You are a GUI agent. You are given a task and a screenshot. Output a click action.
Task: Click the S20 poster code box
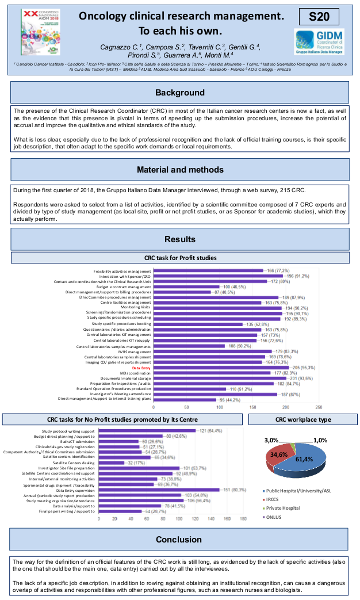click(x=319, y=17)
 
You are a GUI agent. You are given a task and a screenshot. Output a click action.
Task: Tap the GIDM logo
click(x=319, y=43)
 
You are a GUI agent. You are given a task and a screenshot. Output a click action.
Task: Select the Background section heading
click(x=180, y=93)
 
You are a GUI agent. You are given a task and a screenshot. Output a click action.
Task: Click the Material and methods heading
click(x=180, y=170)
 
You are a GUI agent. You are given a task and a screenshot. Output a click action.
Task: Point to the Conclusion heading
click(x=180, y=540)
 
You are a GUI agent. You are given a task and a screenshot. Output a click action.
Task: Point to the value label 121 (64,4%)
click(x=211, y=431)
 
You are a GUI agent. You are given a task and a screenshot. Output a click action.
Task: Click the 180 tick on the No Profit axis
click(x=243, y=518)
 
